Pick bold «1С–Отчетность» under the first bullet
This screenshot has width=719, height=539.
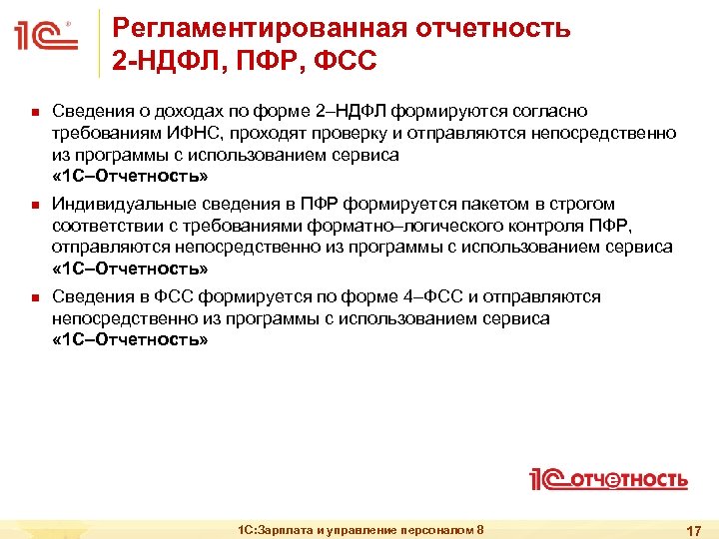click(130, 176)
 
